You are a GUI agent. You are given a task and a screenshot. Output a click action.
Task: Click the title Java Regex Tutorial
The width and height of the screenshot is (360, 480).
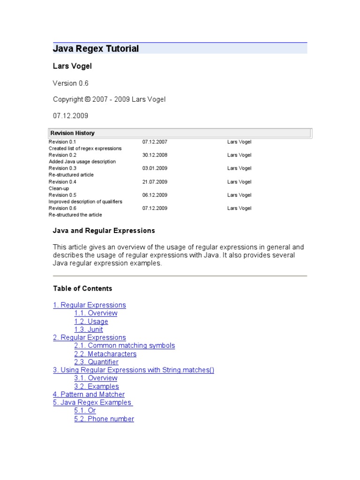96,49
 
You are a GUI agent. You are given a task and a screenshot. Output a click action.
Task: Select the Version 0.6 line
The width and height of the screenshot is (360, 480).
70,83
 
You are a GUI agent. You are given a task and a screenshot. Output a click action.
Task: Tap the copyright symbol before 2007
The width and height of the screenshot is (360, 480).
87,99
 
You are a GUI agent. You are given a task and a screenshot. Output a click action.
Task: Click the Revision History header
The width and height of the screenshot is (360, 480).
72,133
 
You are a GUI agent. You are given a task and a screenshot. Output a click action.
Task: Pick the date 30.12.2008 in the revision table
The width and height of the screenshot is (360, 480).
155,155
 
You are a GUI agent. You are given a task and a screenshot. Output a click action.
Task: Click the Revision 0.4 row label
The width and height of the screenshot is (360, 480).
62,181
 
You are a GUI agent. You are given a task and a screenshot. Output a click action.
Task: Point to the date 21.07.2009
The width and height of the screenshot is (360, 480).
155,181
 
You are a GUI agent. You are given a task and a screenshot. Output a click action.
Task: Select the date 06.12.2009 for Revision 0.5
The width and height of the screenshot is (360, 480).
155,195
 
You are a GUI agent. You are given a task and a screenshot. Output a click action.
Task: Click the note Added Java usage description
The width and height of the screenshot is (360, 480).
82,161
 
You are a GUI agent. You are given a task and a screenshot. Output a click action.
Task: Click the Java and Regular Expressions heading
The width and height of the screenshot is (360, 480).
104,231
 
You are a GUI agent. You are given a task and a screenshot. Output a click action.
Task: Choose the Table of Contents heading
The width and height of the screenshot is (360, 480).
82,288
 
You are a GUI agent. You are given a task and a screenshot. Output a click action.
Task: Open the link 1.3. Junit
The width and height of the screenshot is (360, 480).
89,330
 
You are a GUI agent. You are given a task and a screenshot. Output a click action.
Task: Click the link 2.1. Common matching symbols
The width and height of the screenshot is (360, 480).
124,345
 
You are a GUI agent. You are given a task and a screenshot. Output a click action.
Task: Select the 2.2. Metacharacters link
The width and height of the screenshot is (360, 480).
105,354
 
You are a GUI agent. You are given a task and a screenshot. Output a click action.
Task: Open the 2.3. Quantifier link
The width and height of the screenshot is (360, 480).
96,362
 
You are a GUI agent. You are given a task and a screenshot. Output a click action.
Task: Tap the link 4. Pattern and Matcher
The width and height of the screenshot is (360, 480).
89,394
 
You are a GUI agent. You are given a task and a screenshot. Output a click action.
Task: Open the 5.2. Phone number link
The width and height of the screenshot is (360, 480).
104,419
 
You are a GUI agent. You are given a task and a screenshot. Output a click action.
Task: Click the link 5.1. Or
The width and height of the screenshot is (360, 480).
85,411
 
